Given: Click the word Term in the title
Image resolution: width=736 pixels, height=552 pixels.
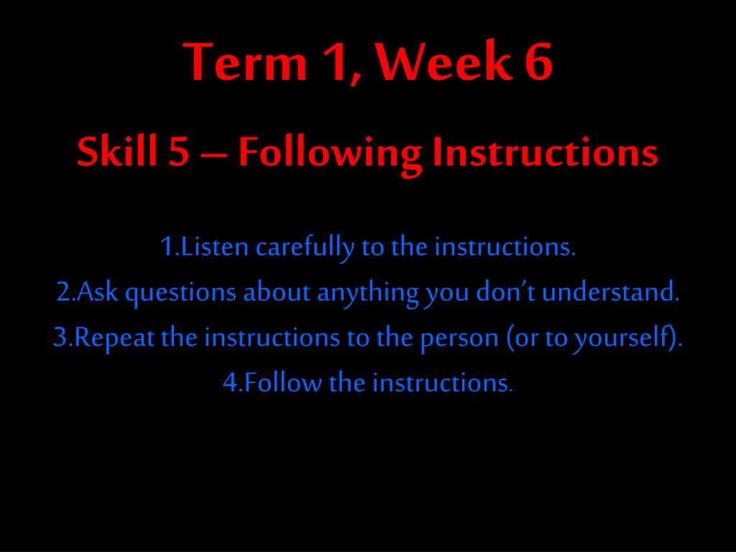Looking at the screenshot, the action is point(244,62).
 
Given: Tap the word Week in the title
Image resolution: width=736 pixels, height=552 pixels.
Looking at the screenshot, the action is point(443,62).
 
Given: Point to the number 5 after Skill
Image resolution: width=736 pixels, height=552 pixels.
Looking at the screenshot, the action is point(179,152).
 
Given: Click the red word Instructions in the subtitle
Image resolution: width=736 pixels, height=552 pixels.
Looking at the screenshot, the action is point(545,152).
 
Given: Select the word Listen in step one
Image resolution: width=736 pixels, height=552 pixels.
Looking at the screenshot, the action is point(214,247).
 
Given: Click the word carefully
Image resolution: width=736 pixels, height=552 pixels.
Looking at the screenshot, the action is point(305,248).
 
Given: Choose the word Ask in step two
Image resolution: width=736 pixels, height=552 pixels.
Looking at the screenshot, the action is point(97,292).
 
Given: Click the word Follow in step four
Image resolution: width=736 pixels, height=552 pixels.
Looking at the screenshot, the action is point(282,382).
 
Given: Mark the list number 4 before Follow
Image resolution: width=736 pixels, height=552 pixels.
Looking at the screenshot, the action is point(231,383).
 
